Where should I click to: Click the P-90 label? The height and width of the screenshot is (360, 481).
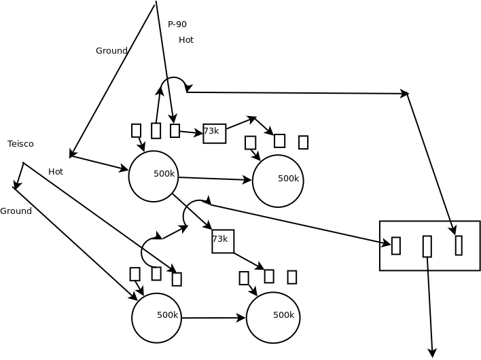[x=177, y=24]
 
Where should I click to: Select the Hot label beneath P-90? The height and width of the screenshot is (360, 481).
[x=186, y=40]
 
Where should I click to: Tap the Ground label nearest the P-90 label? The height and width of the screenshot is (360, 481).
[x=111, y=51]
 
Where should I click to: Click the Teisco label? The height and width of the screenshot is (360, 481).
[x=20, y=144]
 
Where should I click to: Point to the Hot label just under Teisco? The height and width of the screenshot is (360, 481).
[x=56, y=172]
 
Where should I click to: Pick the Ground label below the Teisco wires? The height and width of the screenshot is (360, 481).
[x=16, y=211]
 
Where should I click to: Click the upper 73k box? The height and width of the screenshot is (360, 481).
[x=214, y=133]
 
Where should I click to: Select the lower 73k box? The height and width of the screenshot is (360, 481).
[x=223, y=241]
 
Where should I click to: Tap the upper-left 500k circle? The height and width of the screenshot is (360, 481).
[x=154, y=177]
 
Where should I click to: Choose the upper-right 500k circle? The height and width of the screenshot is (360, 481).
[x=278, y=181]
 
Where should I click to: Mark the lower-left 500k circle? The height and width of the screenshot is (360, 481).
[x=157, y=318]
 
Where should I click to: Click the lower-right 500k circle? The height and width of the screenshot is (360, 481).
[x=273, y=317]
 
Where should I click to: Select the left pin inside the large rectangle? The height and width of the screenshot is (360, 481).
[x=396, y=246]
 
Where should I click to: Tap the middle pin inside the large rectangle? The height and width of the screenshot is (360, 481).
[x=427, y=246]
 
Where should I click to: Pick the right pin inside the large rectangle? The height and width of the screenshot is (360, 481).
[x=459, y=245]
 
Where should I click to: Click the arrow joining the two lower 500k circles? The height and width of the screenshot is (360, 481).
[x=213, y=318]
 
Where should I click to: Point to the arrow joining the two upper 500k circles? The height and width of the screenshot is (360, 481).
[x=215, y=179]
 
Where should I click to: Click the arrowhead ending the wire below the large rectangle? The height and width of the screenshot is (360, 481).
[x=432, y=353]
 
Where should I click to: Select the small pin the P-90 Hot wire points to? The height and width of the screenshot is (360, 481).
[x=175, y=130]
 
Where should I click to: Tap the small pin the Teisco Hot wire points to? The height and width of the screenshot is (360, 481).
[x=177, y=279]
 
